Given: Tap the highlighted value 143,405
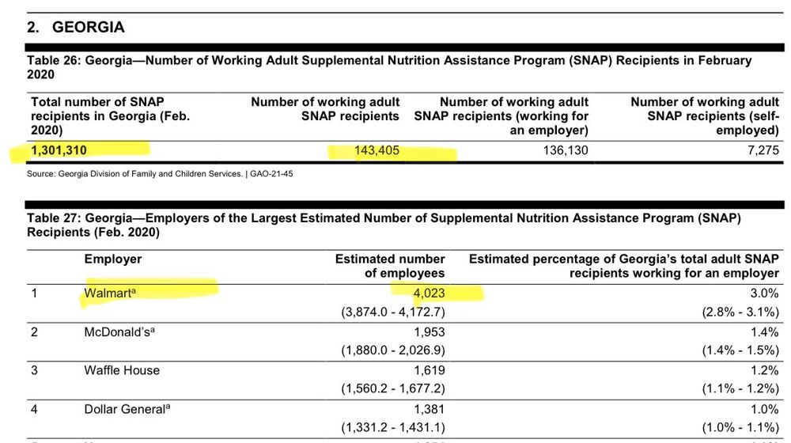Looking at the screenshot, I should [377, 150].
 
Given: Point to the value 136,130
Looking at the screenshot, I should [565, 150].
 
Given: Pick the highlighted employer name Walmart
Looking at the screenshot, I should [111, 293].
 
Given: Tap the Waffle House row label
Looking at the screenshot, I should [122, 370].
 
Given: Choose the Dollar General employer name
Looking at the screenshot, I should [127, 409].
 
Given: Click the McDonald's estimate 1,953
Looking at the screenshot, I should [429, 331].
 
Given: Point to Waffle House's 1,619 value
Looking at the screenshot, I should [429, 370].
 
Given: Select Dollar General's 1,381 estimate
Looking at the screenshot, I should [429, 409].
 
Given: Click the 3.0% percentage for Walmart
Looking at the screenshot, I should [763, 293].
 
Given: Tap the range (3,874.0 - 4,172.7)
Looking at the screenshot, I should [388, 312].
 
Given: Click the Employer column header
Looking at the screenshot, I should [113, 259].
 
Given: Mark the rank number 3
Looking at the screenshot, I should [34, 370].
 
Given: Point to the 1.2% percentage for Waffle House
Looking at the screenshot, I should [763, 370].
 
